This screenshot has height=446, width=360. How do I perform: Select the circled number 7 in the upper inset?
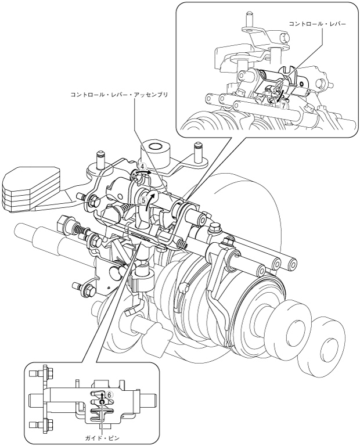283,106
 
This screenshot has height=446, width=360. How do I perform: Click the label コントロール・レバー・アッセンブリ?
120,95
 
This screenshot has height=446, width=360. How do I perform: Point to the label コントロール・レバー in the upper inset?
318,24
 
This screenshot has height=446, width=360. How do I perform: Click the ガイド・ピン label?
101,438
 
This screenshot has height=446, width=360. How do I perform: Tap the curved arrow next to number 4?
144,172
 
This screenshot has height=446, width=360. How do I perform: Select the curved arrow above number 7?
281,95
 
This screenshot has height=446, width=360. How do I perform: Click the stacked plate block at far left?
31,189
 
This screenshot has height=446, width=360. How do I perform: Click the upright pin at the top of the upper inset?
249,19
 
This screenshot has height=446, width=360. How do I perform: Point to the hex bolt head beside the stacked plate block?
95,201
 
